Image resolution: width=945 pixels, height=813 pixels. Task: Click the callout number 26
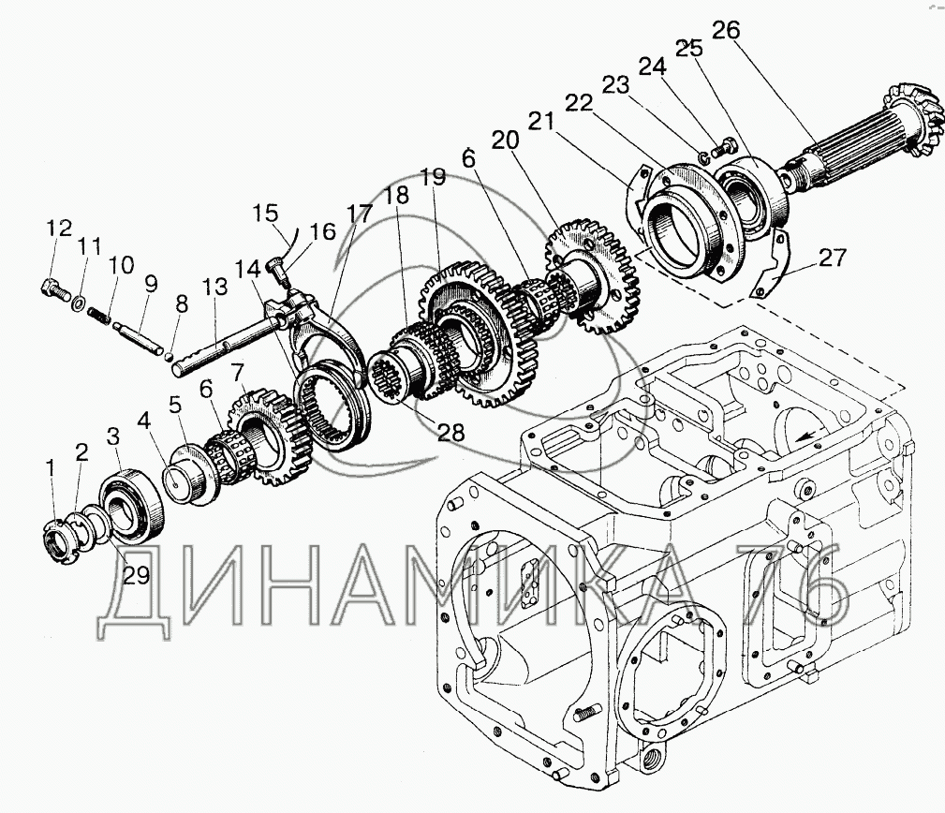725,31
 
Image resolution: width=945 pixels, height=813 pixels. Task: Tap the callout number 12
58,228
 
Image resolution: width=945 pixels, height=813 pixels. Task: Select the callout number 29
136,575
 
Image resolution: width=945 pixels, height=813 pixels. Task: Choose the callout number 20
504,140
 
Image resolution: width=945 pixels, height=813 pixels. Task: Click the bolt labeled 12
55,289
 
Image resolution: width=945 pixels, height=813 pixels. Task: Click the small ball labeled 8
168,355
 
